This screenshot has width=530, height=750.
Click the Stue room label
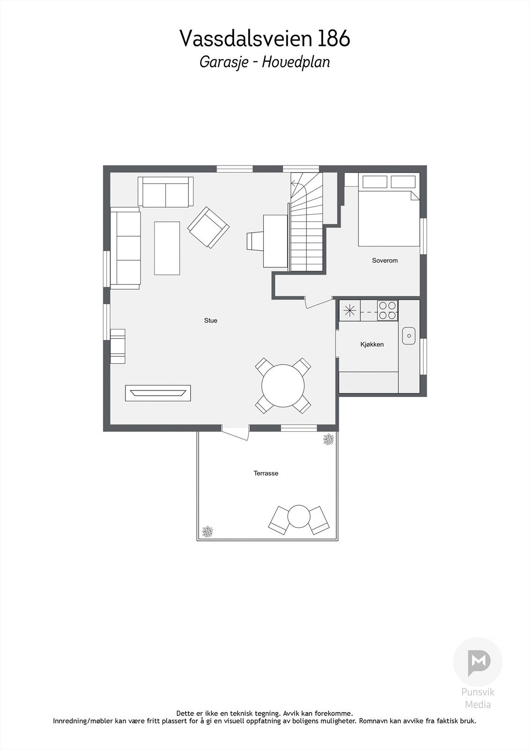point(210,321)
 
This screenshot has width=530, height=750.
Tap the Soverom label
point(385,261)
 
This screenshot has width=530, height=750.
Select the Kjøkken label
point(372,345)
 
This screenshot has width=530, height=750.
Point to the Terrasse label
point(266,473)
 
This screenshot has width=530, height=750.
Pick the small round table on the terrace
point(299,517)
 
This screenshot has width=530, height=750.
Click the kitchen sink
point(409,336)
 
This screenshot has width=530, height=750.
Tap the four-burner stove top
point(388,310)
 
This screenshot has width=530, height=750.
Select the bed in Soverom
point(388,218)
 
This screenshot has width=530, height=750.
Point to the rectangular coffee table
point(167,248)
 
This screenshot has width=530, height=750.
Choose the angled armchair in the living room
point(209,227)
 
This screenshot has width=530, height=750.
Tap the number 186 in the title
point(334,39)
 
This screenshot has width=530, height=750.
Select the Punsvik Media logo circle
point(478,661)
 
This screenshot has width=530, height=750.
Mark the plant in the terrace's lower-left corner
point(207,532)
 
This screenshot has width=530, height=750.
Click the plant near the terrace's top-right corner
point(328,439)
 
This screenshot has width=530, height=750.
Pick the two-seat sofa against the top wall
point(165,192)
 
